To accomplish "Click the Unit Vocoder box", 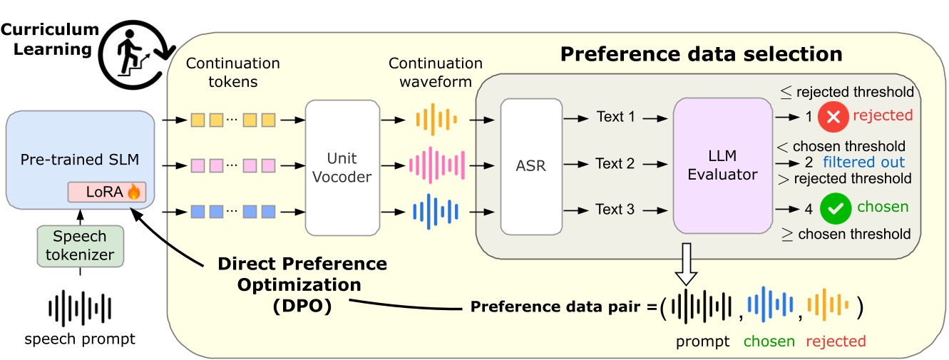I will tap(342, 168).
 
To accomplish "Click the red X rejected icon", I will tap(833, 115).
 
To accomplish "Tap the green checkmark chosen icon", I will tap(834, 208).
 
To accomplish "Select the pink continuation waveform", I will tap(436, 165).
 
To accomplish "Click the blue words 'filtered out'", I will tap(863, 162).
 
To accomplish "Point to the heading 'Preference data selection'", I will tap(701, 54).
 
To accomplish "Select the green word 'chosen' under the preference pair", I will tap(769, 341).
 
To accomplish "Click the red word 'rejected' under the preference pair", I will tap(836, 341).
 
